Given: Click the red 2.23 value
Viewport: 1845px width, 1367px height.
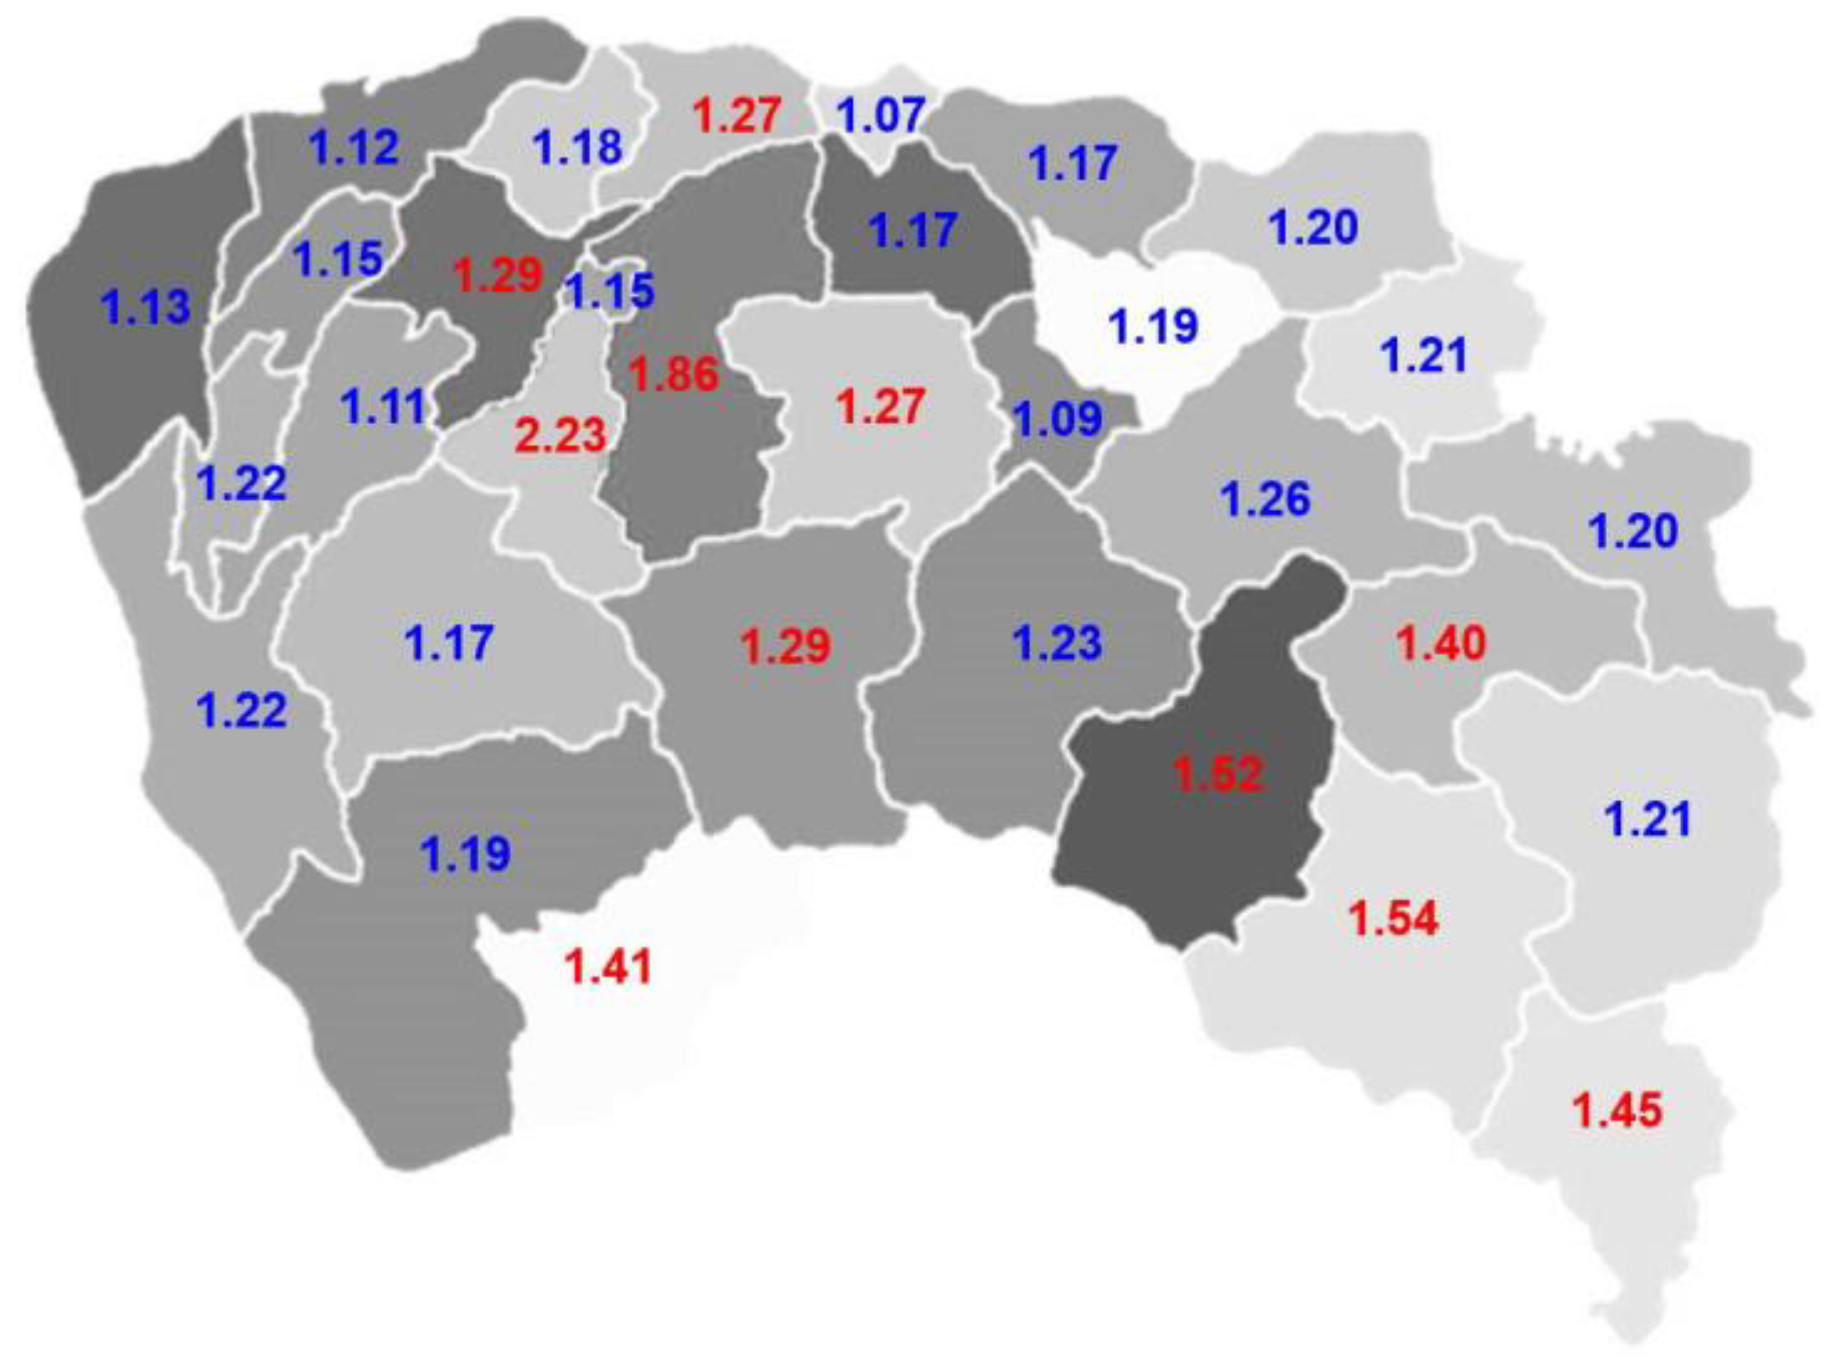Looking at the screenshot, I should [x=560, y=435].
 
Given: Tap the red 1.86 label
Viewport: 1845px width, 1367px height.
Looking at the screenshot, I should [x=674, y=374].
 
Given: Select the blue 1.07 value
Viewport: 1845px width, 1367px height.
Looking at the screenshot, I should [x=882, y=115].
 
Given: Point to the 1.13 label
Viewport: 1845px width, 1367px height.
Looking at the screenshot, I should [x=146, y=307].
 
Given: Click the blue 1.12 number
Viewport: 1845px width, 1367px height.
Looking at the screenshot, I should [x=354, y=148].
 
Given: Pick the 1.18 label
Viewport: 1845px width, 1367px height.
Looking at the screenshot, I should [x=577, y=147].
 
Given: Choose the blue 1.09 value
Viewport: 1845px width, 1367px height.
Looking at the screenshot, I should [x=1059, y=418].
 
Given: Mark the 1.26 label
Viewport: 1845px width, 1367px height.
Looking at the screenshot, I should [x=1266, y=499].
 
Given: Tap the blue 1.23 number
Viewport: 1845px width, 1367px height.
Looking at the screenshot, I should [x=1059, y=643].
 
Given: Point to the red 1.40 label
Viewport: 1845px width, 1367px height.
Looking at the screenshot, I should [x=1441, y=643].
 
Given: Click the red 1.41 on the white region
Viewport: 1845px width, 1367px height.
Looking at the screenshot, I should [x=608, y=966].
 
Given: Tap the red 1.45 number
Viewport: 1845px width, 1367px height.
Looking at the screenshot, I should [x=1617, y=1111].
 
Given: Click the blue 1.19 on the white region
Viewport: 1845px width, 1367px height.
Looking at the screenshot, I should [x=1154, y=326].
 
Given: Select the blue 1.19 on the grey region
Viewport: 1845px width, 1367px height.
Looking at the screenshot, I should [x=466, y=854].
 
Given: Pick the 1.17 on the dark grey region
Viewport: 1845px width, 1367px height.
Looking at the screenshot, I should [x=914, y=230].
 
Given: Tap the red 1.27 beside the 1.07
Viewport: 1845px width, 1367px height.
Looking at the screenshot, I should [x=737, y=115].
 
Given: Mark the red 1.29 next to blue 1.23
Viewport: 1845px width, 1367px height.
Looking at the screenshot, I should [x=785, y=646].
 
